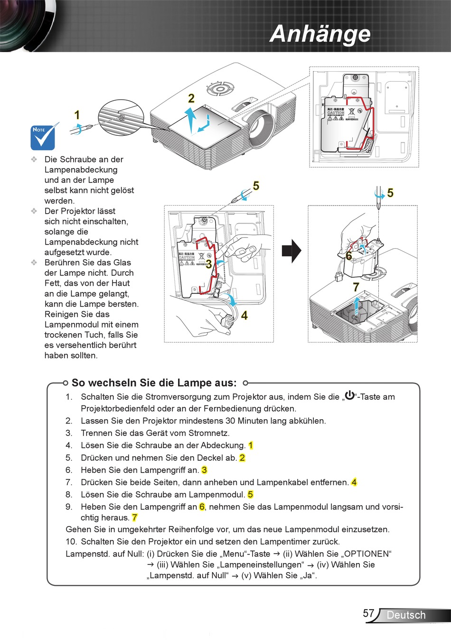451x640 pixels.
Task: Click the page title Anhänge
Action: (x=319, y=34)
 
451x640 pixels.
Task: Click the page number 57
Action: (x=368, y=613)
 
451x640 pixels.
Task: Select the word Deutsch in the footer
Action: (x=406, y=615)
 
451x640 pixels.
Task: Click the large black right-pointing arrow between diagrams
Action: (x=291, y=251)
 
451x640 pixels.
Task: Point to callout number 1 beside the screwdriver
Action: (x=77, y=115)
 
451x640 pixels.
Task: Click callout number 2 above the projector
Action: (x=191, y=98)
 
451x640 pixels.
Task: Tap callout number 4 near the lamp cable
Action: (x=244, y=315)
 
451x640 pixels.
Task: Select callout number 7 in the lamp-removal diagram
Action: (x=356, y=287)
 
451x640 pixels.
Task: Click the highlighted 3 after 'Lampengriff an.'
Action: (x=204, y=470)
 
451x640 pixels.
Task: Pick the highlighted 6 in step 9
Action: (x=202, y=507)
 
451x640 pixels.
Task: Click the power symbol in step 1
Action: (x=349, y=395)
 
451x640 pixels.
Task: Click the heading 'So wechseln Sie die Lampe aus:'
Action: (x=154, y=383)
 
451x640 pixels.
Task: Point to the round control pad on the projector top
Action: (x=220, y=88)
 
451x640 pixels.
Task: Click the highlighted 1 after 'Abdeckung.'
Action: (x=251, y=445)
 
